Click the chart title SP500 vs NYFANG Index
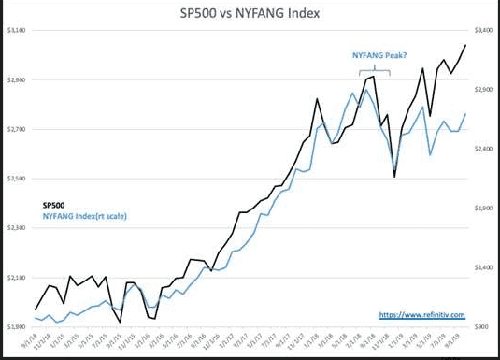(250, 14)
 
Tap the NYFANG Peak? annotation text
(376, 56)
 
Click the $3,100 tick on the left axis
(16, 31)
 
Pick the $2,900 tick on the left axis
(16, 80)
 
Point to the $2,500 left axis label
(16, 179)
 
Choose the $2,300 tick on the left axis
(16, 228)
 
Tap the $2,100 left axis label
(16, 278)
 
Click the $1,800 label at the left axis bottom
(16, 326)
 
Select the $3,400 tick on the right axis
(482, 31)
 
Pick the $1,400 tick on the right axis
(482, 267)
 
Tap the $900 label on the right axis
(481, 326)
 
